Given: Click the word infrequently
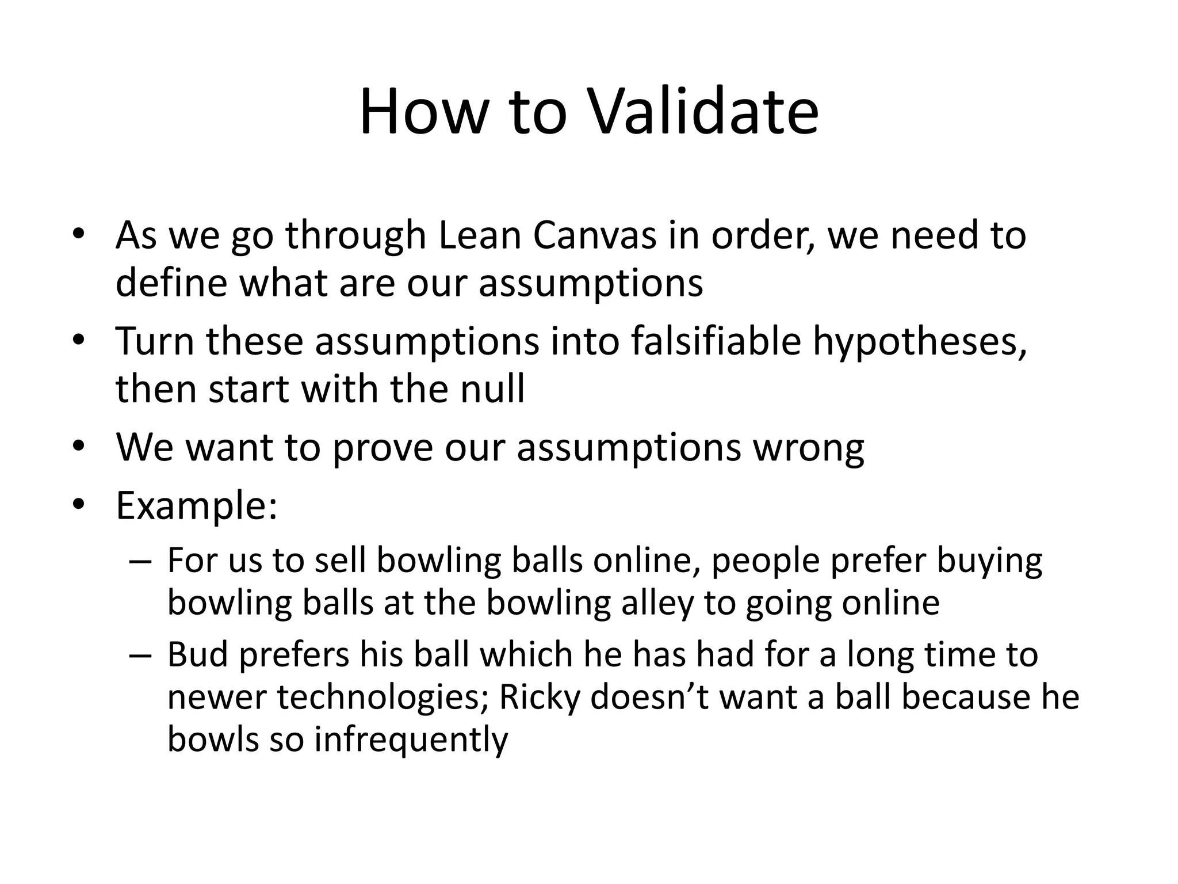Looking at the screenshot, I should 411,740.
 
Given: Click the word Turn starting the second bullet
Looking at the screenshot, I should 154,341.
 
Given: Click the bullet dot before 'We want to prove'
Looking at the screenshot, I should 79,448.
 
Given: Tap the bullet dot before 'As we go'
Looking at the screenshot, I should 79,235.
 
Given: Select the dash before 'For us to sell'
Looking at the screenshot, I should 140,561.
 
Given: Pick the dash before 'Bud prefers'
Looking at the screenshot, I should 140,656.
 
